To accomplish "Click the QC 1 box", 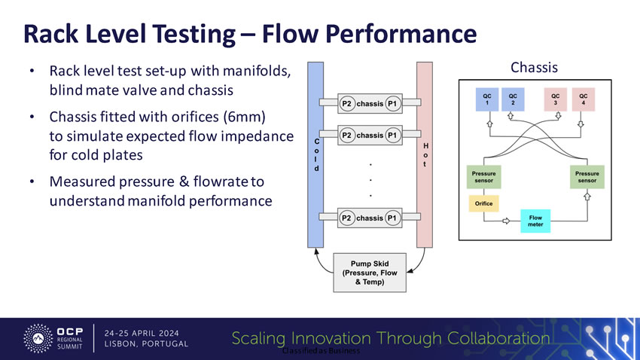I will pos(487,100).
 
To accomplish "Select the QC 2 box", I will pos(514,100).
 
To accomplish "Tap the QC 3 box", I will pos(555,100).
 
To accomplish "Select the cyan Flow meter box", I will pos(535,221).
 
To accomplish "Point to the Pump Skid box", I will pos(370,272).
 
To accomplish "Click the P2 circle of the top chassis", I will pos(346,103).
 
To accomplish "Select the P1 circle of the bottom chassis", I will pos(393,218).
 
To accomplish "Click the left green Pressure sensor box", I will pos(483,176).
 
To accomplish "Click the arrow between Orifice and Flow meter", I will pos(507,221).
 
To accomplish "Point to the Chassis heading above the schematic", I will pos(534,68).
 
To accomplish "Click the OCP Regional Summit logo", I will pos(56,338).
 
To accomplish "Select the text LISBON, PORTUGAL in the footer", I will pos(147,344).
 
